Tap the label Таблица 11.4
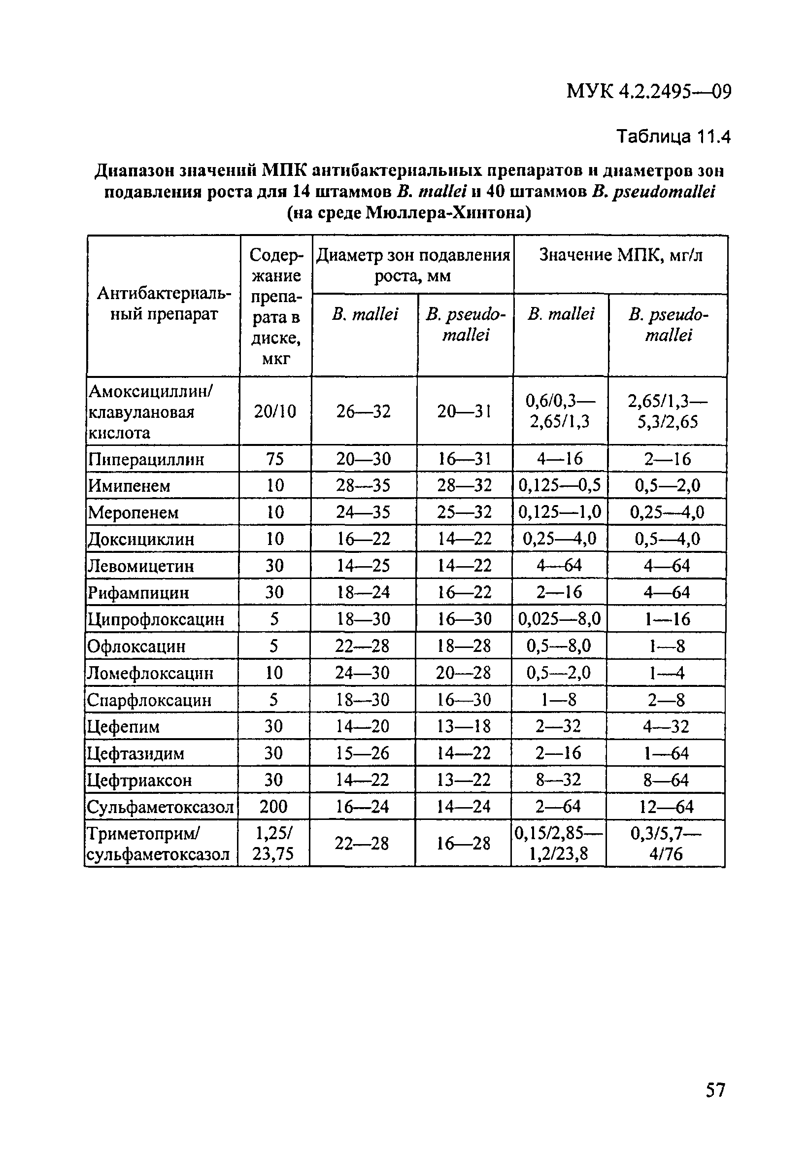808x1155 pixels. (x=673, y=136)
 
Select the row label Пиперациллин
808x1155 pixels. (x=146, y=459)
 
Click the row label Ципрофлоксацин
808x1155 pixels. (x=156, y=619)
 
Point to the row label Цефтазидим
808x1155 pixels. (x=135, y=753)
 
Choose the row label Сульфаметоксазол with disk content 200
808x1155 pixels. (x=160, y=808)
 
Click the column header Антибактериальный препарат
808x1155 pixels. (x=164, y=304)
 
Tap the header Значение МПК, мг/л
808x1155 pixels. (x=620, y=256)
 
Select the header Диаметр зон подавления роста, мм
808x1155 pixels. (x=412, y=265)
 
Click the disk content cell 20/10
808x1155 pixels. (x=275, y=411)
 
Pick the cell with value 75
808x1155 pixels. (x=275, y=459)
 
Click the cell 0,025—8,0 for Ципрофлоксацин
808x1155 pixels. (x=560, y=619)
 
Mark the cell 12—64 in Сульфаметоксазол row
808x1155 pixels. (x=666, y=808)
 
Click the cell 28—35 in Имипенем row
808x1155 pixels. (x=363, y=486)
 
